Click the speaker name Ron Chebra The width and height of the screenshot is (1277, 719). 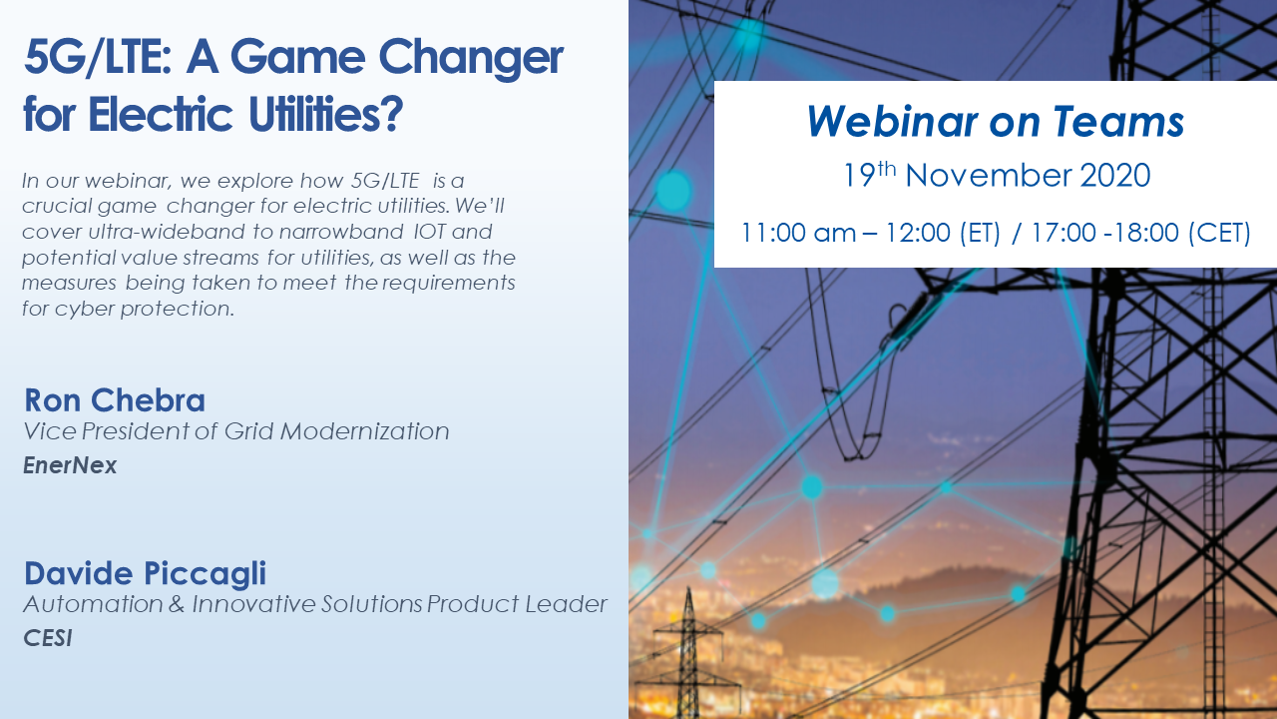click(115, 400)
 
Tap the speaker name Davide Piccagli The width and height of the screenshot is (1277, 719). click(145, 574)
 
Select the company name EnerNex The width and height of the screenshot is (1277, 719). click(70, 465)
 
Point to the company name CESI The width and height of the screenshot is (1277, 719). click(47, 638)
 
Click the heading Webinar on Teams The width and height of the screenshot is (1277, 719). click(996, 122)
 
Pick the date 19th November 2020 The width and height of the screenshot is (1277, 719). click(997, 175)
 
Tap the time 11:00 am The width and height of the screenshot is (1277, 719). click(798, 233)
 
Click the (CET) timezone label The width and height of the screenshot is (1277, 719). click(1219, 233)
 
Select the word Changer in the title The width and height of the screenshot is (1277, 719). click(471, 58)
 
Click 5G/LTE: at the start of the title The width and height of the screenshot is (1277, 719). click(98, 57)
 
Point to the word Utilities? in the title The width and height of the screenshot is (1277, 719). click(326, 114)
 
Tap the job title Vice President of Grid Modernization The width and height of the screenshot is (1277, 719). click(236, 431)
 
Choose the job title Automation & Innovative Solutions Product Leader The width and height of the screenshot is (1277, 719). click(315, 604)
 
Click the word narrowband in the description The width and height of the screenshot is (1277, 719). click(341, 232)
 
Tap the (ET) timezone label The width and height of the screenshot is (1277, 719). click(980, 233)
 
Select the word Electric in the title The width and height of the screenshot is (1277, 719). click(161, 114)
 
